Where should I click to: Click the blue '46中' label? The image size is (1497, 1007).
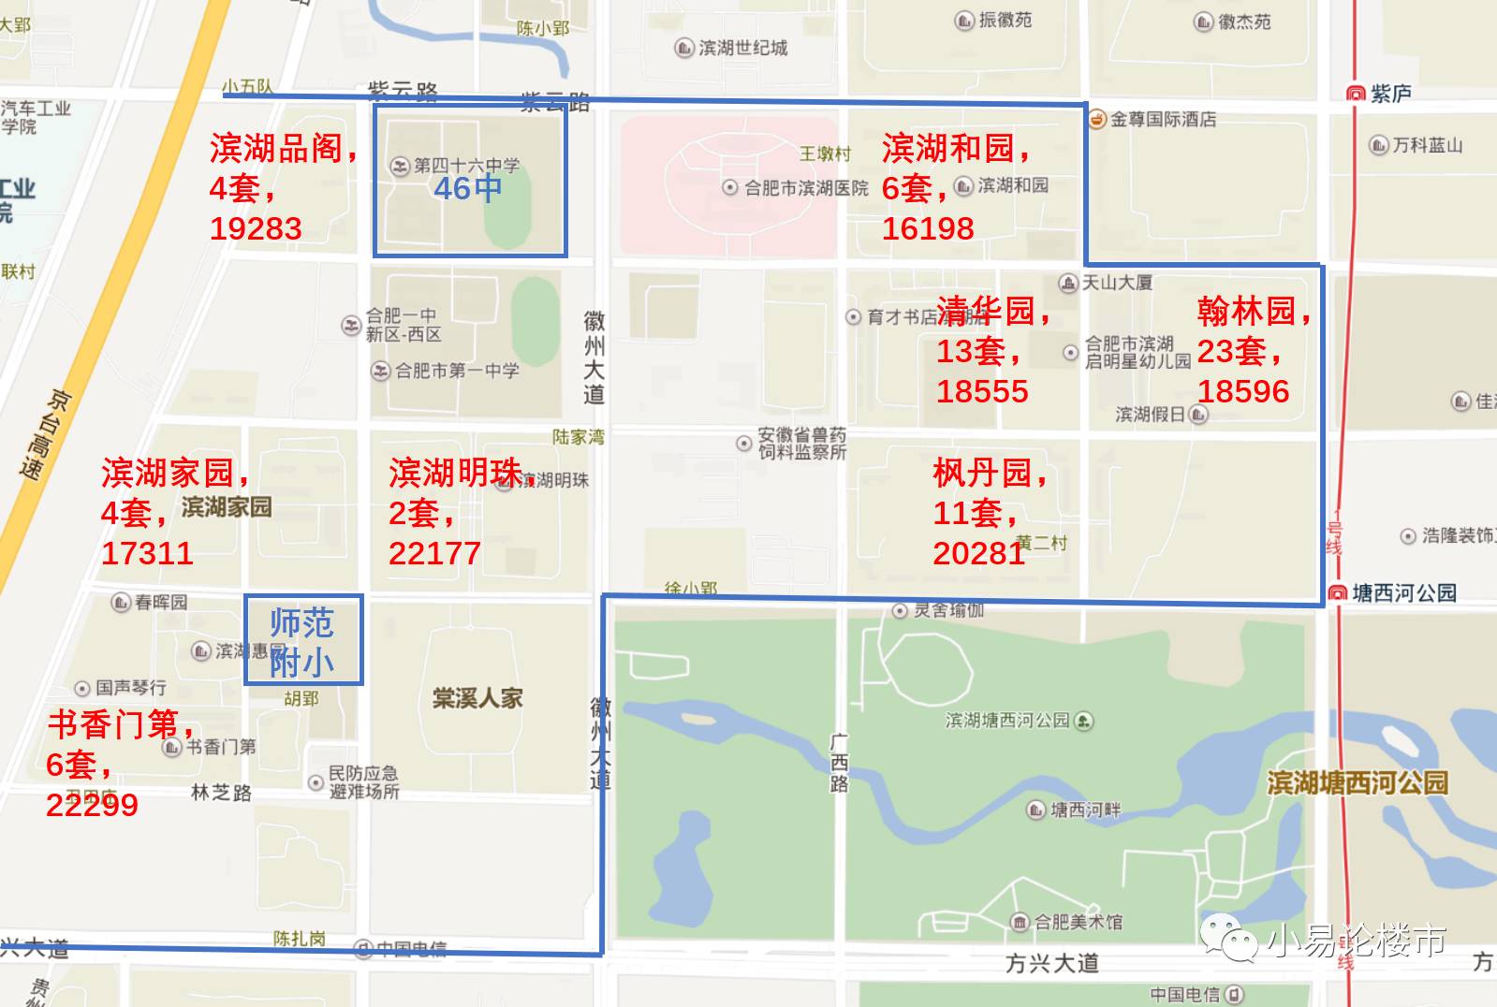coord(467,189)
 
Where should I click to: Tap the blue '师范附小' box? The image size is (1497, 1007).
coord(302,641)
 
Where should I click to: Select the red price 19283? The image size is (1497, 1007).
coord(256,228)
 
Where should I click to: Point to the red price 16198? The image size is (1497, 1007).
coord(928,228)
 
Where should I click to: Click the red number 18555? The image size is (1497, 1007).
coord(982,391)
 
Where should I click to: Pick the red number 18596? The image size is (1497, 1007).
coord(1243,391)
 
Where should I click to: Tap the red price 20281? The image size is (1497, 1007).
coord(979,553)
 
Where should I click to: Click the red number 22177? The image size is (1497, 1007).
coord(434,553)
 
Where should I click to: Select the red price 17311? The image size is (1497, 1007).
coord(147,553)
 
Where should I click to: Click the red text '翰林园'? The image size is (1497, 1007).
coord(1246,311)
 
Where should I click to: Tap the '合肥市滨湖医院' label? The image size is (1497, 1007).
coord(806,188)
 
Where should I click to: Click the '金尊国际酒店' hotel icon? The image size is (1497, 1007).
coord(1097,119)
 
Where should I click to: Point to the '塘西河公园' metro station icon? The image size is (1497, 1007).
coord(1338,593)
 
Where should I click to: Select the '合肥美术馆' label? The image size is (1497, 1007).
coord(1078,922)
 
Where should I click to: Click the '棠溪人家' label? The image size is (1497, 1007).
coord(477,698)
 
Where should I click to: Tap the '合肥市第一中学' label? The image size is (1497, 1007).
coord(457,371)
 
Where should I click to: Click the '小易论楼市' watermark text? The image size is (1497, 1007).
coord(1357,941)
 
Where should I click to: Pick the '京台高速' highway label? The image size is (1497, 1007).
coord(47,434)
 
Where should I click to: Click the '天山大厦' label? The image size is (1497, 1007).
coord(1117,283)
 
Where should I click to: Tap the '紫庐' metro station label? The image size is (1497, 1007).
coord(1390,94)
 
